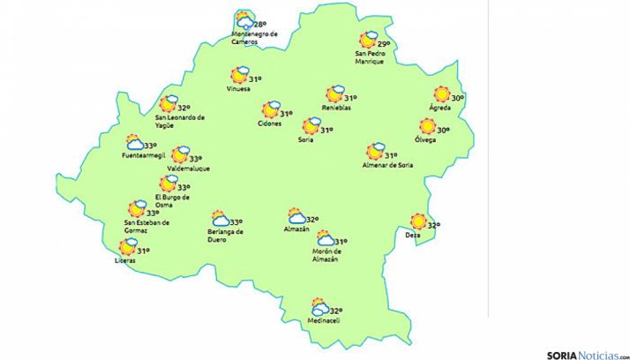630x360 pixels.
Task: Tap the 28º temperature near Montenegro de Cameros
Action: [x=259, y=25]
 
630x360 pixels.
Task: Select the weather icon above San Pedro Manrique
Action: [x=369, y=40]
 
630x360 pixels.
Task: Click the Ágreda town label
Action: [x=439, y=108]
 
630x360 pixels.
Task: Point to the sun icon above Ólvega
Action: [x=428, y=126]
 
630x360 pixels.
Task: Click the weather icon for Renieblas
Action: [x=334, y=94]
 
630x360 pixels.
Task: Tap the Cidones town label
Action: [x=270, y=124]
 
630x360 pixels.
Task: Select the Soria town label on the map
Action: [x=307, y=140]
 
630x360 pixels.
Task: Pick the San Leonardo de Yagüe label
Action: [x=179, y=120]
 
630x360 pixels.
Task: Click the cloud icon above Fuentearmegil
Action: [x=136, y=143]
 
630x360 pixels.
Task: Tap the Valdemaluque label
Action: [x=188, y=169]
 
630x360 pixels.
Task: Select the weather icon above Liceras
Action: [x=129, y=247]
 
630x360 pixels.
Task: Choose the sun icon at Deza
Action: [x=418, y=222]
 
